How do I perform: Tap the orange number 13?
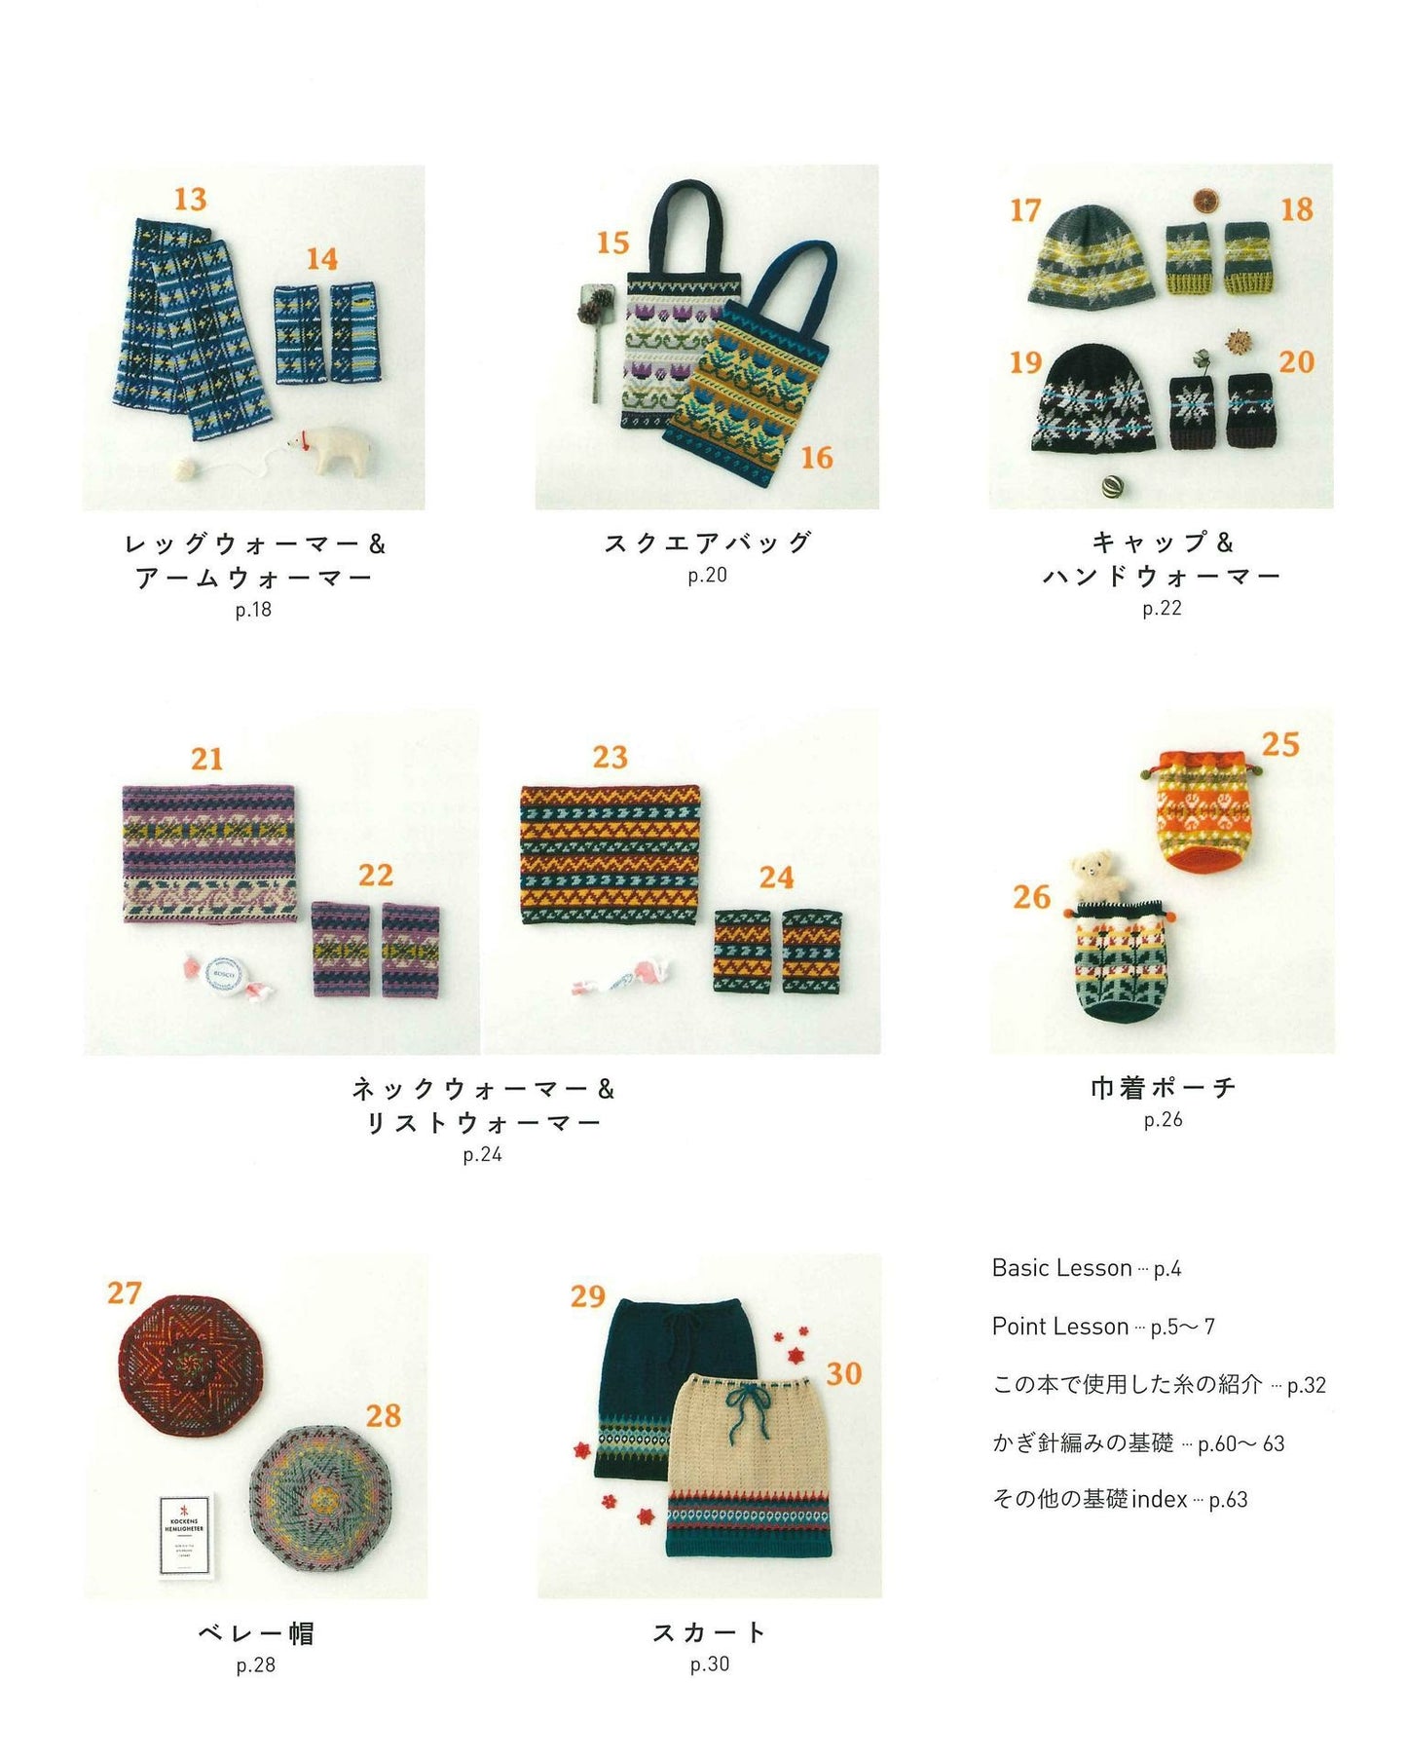pos(190,199)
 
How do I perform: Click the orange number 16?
pos(816,457)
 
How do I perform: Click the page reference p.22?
pos(1162,609)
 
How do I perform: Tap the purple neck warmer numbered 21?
pos(209,853)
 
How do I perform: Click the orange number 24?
pos(776,878)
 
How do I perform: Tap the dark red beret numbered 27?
pos(192,1364)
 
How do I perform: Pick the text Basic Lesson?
pos(1061,1268)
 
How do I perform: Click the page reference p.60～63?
pos(1240,1443)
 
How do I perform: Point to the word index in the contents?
pos(1159,1499)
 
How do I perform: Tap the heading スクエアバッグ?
pos(708,543)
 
